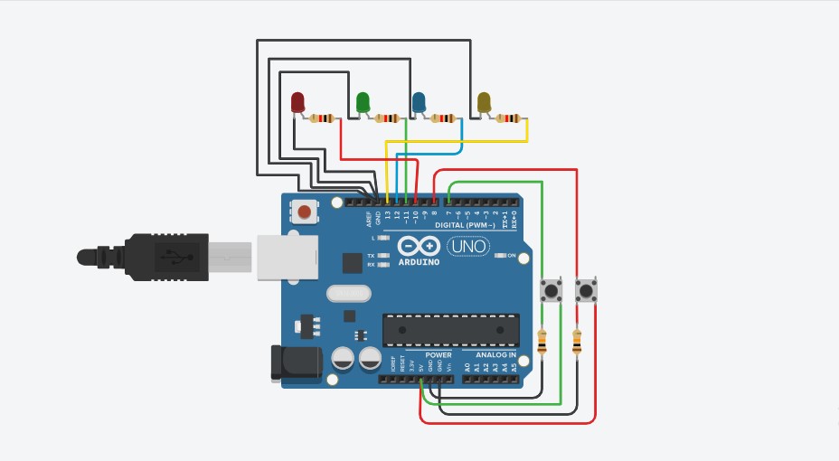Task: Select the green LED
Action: click(363, 102)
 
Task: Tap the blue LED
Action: click(419, 102)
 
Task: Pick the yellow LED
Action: click(484, 102)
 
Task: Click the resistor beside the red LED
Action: click(322, 118)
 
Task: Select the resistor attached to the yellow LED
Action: click(509, 118)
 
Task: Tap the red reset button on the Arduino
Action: click(306, 213)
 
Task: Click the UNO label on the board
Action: click(467, 245)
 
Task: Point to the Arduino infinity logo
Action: click(419, 246)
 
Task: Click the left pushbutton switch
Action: click(551, 291)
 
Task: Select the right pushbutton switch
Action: click(587, 291)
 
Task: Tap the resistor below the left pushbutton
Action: click(542, 343)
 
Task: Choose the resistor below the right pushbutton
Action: click(578, 343)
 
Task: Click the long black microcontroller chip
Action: click(451, 330)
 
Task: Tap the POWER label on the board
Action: click(438, 355)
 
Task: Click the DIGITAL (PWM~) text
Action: click(465, 224)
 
